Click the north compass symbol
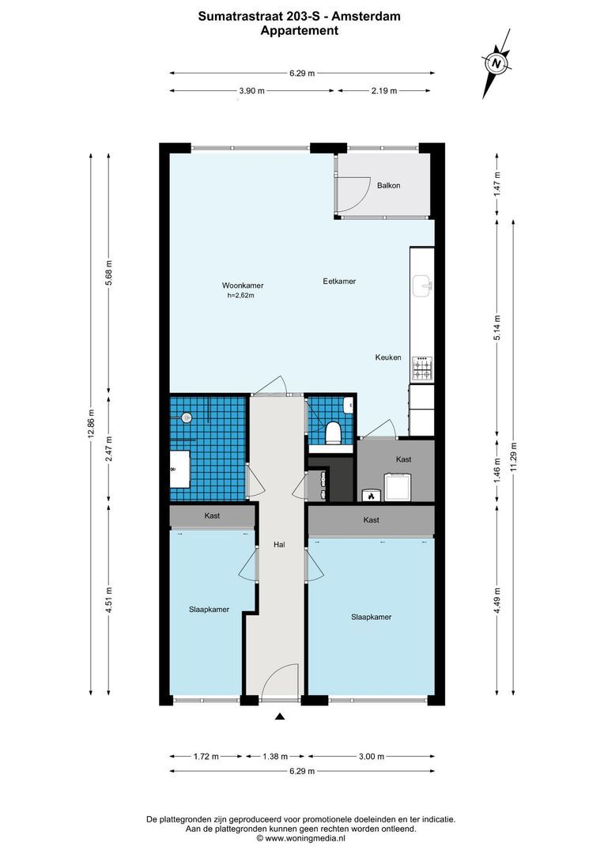pos(496,63)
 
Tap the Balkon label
pos(388,186)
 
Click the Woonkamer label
pos(243,285)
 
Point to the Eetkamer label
pos(339,281)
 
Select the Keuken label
pos(388,357)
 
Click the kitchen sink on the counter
pos(423,282)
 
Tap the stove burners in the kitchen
pos(423,366)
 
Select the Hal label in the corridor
pos(278,545)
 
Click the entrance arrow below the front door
pos(279,717)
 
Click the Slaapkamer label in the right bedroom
pos(372,617)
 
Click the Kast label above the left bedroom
pos(212,516)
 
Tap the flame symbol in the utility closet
pos(368,496)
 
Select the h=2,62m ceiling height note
pos(242,296)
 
